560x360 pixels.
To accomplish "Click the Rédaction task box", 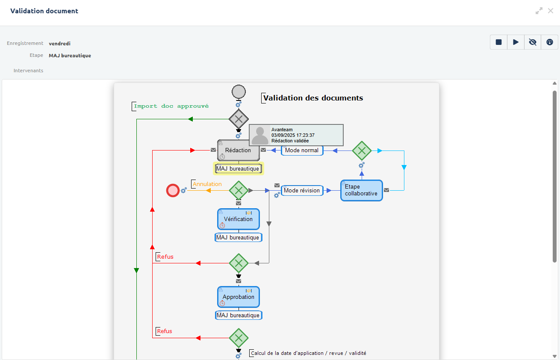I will (x=238, y=150).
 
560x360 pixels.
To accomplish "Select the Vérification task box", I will (x=238, y=219).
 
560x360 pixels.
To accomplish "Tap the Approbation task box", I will (x=238, y=297).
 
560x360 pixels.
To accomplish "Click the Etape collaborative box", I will (x=361, y=190).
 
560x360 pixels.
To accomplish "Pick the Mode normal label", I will (x=302, y=150).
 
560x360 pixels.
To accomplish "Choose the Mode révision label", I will (x=302, y=190).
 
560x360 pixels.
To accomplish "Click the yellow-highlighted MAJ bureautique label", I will (x=238, y=168).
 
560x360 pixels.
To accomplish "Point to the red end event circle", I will (x=173, y=190).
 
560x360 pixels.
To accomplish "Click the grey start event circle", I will (x=239, y=91).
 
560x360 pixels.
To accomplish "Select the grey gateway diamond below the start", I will (x=239, y=119).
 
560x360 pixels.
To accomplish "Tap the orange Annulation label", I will (x=207, y=184).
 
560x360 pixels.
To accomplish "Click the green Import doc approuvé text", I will (x=171, y=106).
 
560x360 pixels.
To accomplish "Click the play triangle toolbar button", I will (x=516, y=42).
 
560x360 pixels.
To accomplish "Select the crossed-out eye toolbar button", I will (x=533, y=42).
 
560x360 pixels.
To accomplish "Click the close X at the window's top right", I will (x=551, y=11).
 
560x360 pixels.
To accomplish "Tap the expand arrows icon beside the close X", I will (x=539, y=11).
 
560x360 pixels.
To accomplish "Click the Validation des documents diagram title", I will (x=313, y=98).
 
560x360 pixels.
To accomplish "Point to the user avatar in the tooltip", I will (x=260, y=135).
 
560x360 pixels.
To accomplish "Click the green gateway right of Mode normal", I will (x=362, y=150).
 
